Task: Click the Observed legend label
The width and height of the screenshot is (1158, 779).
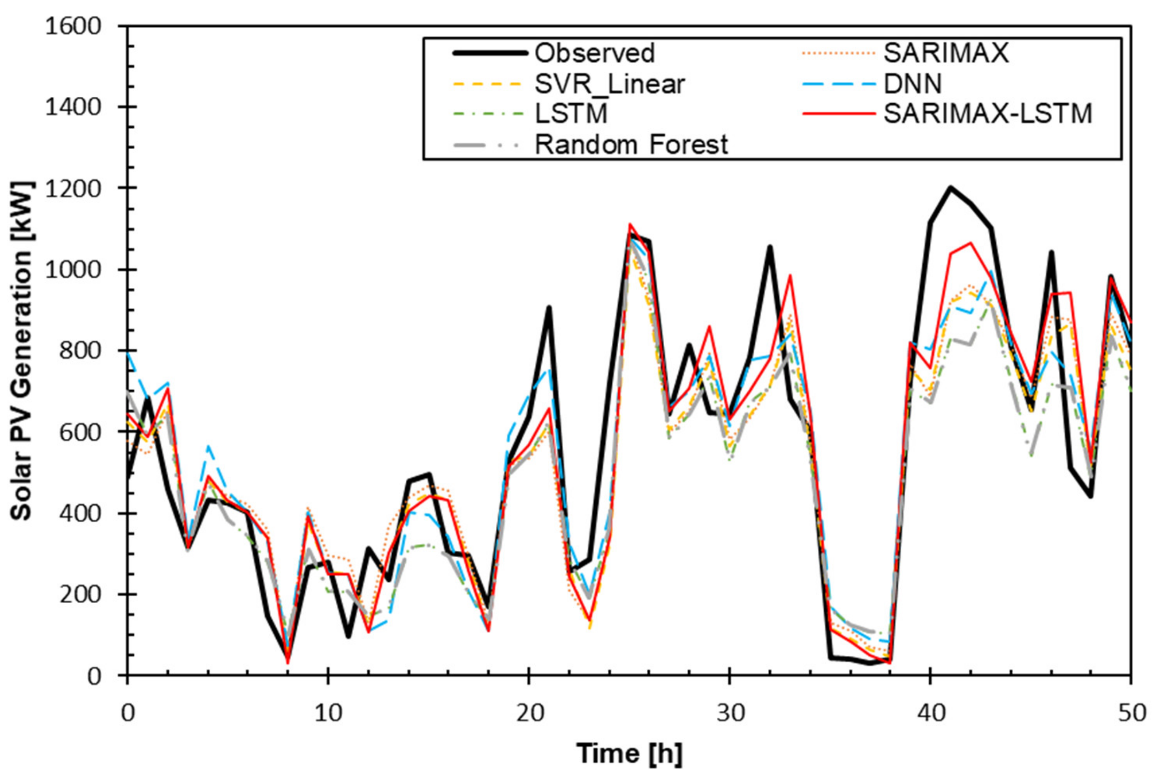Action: tap(594, 54)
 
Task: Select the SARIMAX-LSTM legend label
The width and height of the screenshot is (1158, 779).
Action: tap(988, 114)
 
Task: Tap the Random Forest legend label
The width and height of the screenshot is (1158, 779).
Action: tap(631, 145)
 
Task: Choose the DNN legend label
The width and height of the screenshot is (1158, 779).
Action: tap(913, 84)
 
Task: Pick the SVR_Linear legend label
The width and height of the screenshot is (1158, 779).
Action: tap(610, 84)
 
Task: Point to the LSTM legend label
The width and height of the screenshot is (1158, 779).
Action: tap(571, 114)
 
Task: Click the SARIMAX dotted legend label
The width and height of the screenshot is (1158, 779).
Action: tap(946, 54)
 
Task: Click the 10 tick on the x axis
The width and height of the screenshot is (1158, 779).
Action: tap(328, 713)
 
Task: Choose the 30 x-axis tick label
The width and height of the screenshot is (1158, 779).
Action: tap(729, 713)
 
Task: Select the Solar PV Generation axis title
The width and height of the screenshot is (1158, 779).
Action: tap(22, 350)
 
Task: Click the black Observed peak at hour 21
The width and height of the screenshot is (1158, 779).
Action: tap(549, 308)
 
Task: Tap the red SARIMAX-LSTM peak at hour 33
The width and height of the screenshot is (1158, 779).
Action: tap(790, 276)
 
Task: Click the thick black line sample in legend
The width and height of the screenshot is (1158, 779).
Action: tap(489, 54)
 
